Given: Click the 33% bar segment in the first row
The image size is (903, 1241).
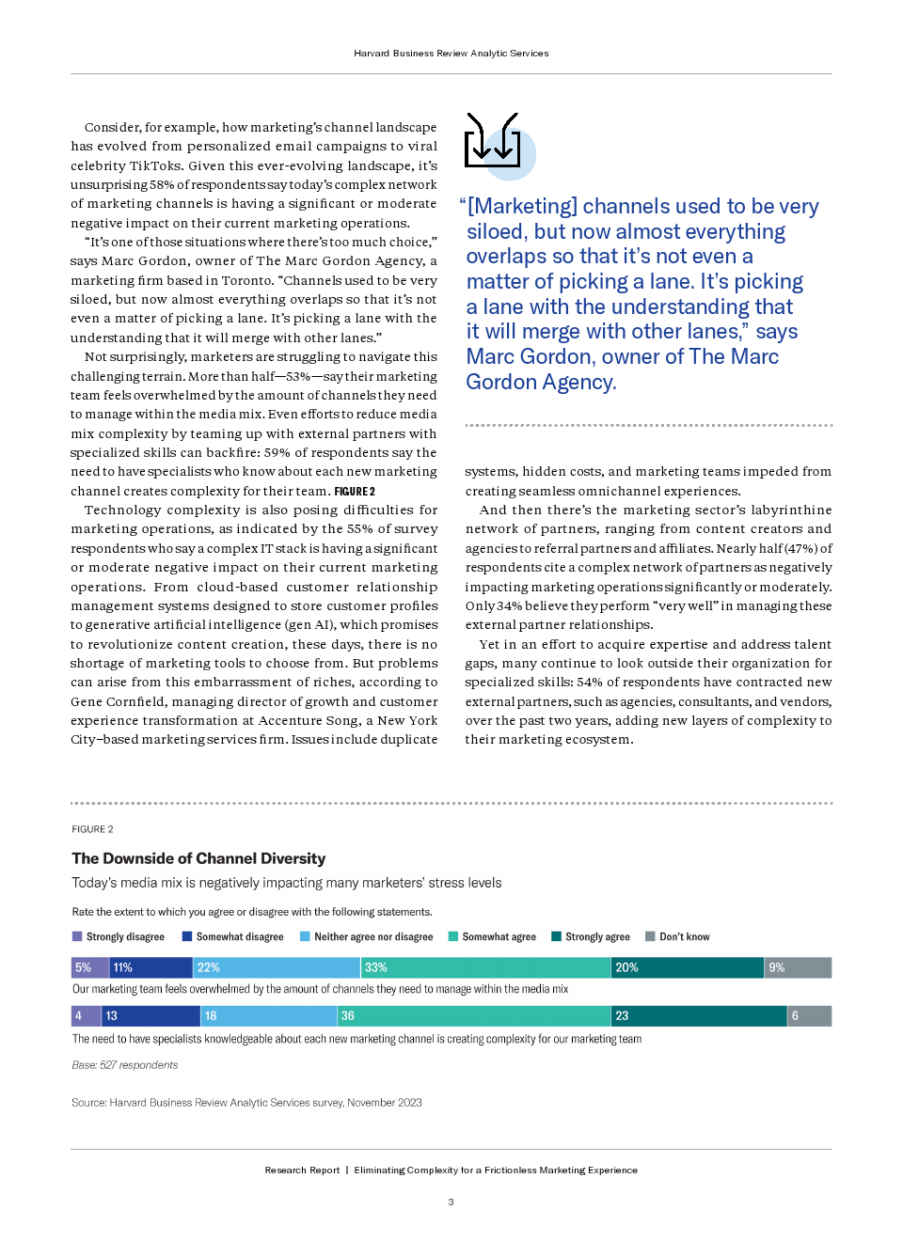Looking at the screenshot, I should pyautogui.click(x=485, y=967).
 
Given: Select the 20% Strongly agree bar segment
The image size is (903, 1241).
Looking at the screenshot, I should pyautogui.click(x=688, y=967).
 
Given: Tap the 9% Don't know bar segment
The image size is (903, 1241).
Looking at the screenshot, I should pyautogui.click(x=799, y=967).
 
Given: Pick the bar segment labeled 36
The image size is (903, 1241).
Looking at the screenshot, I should pyautogui.click(x=474, y=1015).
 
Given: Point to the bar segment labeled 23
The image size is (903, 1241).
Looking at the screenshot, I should pyautogui.click(x=699, y=1015).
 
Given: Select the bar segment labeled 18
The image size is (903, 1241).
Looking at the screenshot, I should pyautogui.click(x=269, y=1015).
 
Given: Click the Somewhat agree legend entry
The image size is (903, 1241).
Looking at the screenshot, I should pyautogui.click(x=492, y=936).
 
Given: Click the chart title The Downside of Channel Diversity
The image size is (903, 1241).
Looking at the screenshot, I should pyautogui.click(x=198, y=858).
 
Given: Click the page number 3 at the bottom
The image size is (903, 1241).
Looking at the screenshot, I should pyautogui.click(x=451, y=1202).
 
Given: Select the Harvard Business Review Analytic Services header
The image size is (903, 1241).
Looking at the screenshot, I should pyautogui.click(x=451, y=54).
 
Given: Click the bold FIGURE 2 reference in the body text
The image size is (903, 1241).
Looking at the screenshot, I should pyautogui.click(x=355, y=491).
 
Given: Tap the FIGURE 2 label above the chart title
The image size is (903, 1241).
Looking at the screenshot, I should pyautogui.click(x=92, y=829).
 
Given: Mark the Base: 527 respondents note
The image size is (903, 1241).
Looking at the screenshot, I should pyautogui.click(x=124, y=1065).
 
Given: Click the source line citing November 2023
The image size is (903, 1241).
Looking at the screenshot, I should pyautogui.click(x=246, y=1103).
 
